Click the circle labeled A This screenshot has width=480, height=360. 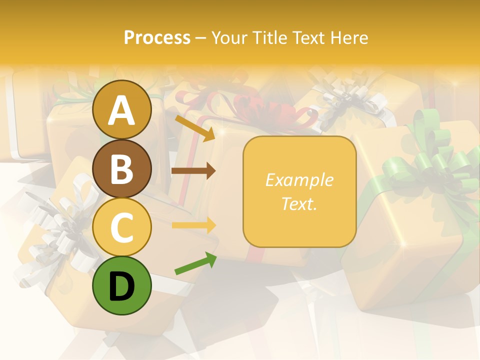point(121,110)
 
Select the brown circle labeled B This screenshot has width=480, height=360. point(121,168)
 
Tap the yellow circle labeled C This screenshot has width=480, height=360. point(121,227)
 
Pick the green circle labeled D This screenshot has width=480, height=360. point(121,285)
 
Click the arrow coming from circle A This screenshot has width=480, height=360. point(194,127)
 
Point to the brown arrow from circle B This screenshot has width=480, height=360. point(193,171)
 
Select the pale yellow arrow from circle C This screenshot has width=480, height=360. point(193,225)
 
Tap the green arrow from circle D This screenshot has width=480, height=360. point(195,263)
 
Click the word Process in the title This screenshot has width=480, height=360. point(157,37)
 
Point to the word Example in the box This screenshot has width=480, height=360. point(299,180)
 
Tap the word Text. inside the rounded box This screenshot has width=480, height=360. point(299,203)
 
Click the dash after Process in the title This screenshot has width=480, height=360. point(200,37)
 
